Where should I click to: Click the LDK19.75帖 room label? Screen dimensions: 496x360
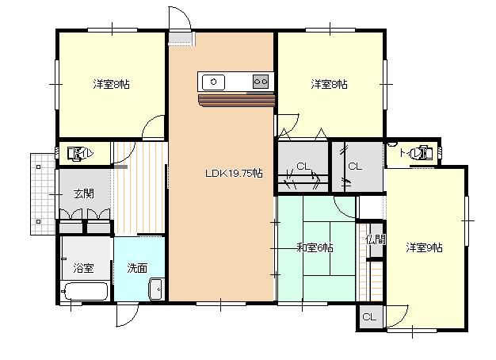(x=234, y=173)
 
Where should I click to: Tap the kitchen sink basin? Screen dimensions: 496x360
(x=213, y=82)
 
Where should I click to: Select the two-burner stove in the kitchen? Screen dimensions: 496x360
(x=261, y=82)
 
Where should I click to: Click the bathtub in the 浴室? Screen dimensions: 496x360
(x=86, y=291)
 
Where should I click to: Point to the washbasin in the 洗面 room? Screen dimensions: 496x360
(x=155, y=289)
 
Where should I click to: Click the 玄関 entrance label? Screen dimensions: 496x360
(x=84, y=193)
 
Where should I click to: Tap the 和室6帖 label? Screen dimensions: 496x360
(x=315, y=247)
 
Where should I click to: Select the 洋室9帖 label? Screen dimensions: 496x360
(x=424, y=247)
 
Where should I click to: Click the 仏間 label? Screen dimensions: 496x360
(x=376, y=239)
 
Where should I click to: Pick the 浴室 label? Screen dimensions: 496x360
(x=83, y=268)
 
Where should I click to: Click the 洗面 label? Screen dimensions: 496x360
(x=137, y=268)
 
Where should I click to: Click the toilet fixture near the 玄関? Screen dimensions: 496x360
(x=74, y=154)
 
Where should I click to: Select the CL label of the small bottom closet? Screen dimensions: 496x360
(x=369, y=316)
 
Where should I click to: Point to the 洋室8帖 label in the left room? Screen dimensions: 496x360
(x=112, y=85)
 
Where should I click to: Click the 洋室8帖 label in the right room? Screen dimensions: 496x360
(x=330, y=85)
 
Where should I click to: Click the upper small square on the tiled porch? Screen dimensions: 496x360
(x=39, y=167)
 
